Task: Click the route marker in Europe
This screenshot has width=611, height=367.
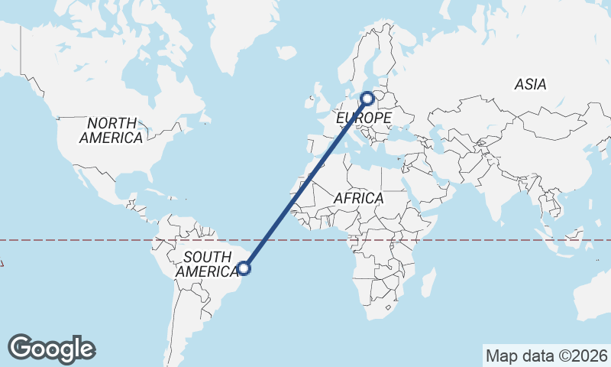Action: click(367, 98)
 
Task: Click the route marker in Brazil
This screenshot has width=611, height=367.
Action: click(244, 268)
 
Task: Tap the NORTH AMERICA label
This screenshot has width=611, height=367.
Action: click(112, 131)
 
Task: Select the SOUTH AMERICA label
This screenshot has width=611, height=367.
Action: click(207, 265)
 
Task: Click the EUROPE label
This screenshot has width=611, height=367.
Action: click(364, 119)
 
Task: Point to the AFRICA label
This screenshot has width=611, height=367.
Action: click(358, 198)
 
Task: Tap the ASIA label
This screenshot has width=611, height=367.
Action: click(530, 84)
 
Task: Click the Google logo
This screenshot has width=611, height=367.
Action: click(51, 349)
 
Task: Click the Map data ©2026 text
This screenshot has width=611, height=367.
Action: click(546, 356)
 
